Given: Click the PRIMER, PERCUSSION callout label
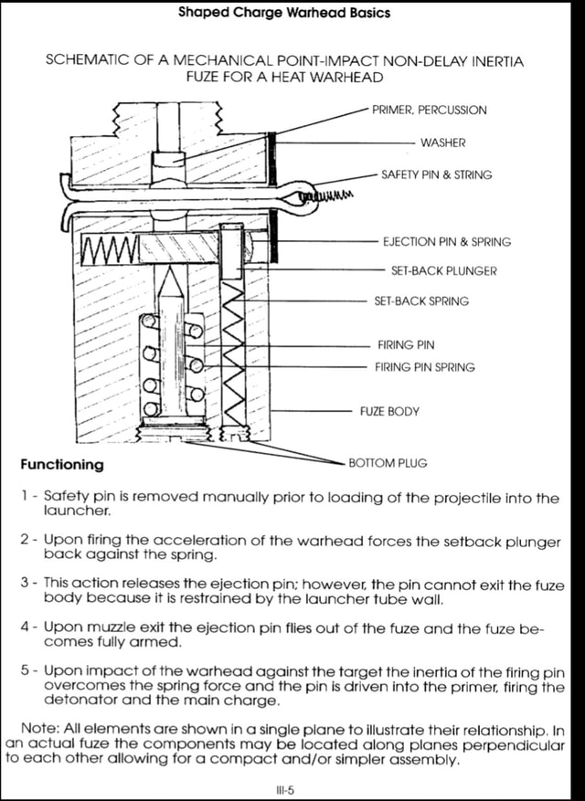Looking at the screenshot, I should [429, 110].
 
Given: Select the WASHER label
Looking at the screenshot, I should [442, 142].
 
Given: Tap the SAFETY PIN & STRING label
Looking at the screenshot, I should [436, 174].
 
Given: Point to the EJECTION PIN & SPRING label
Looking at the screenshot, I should [446, 242].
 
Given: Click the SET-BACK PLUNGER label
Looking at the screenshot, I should [443, 271].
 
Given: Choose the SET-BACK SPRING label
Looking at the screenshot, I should [421, 300].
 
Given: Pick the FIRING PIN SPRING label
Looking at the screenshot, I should [425, 367].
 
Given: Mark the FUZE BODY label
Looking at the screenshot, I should [389, 411].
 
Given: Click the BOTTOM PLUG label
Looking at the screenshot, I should [388, 463].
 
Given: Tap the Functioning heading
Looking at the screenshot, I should [62, 464].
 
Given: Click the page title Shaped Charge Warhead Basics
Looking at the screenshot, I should [283, 13].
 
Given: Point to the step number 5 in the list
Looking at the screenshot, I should [26, 670].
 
